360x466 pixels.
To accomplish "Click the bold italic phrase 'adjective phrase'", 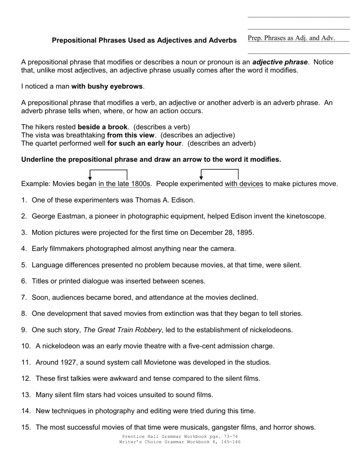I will click(x=280, y=62).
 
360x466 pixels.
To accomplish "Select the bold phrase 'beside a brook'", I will click(x=103, y=127).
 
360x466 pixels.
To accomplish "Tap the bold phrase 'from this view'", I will click(x=131, y=135).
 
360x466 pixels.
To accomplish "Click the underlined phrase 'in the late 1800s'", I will click(x=124, y=184).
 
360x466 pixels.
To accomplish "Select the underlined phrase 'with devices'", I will click(x=244, y=184).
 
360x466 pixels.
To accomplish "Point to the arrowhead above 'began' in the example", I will click(x=91, y=177).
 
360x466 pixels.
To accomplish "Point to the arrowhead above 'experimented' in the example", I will click(x=201, y=177).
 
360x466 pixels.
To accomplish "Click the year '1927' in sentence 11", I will click(x=67, y=362).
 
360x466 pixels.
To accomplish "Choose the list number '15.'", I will click(x=26, y=427).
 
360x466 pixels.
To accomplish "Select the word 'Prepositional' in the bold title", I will click(x=72, y=41).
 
